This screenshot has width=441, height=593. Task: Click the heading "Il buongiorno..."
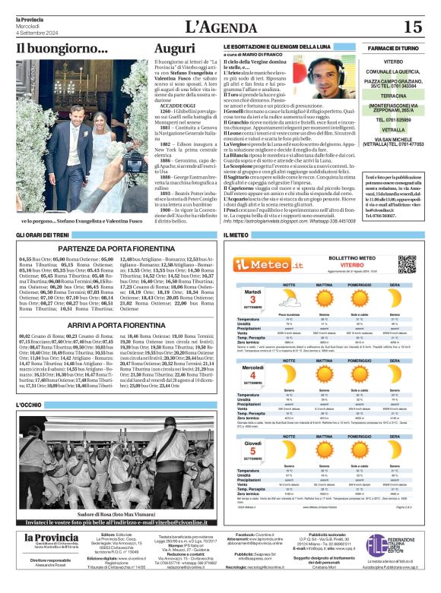pyautogui.click(x=62, y=49)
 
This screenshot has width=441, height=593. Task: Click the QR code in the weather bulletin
pyautogui.click(x=408, y=263)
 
